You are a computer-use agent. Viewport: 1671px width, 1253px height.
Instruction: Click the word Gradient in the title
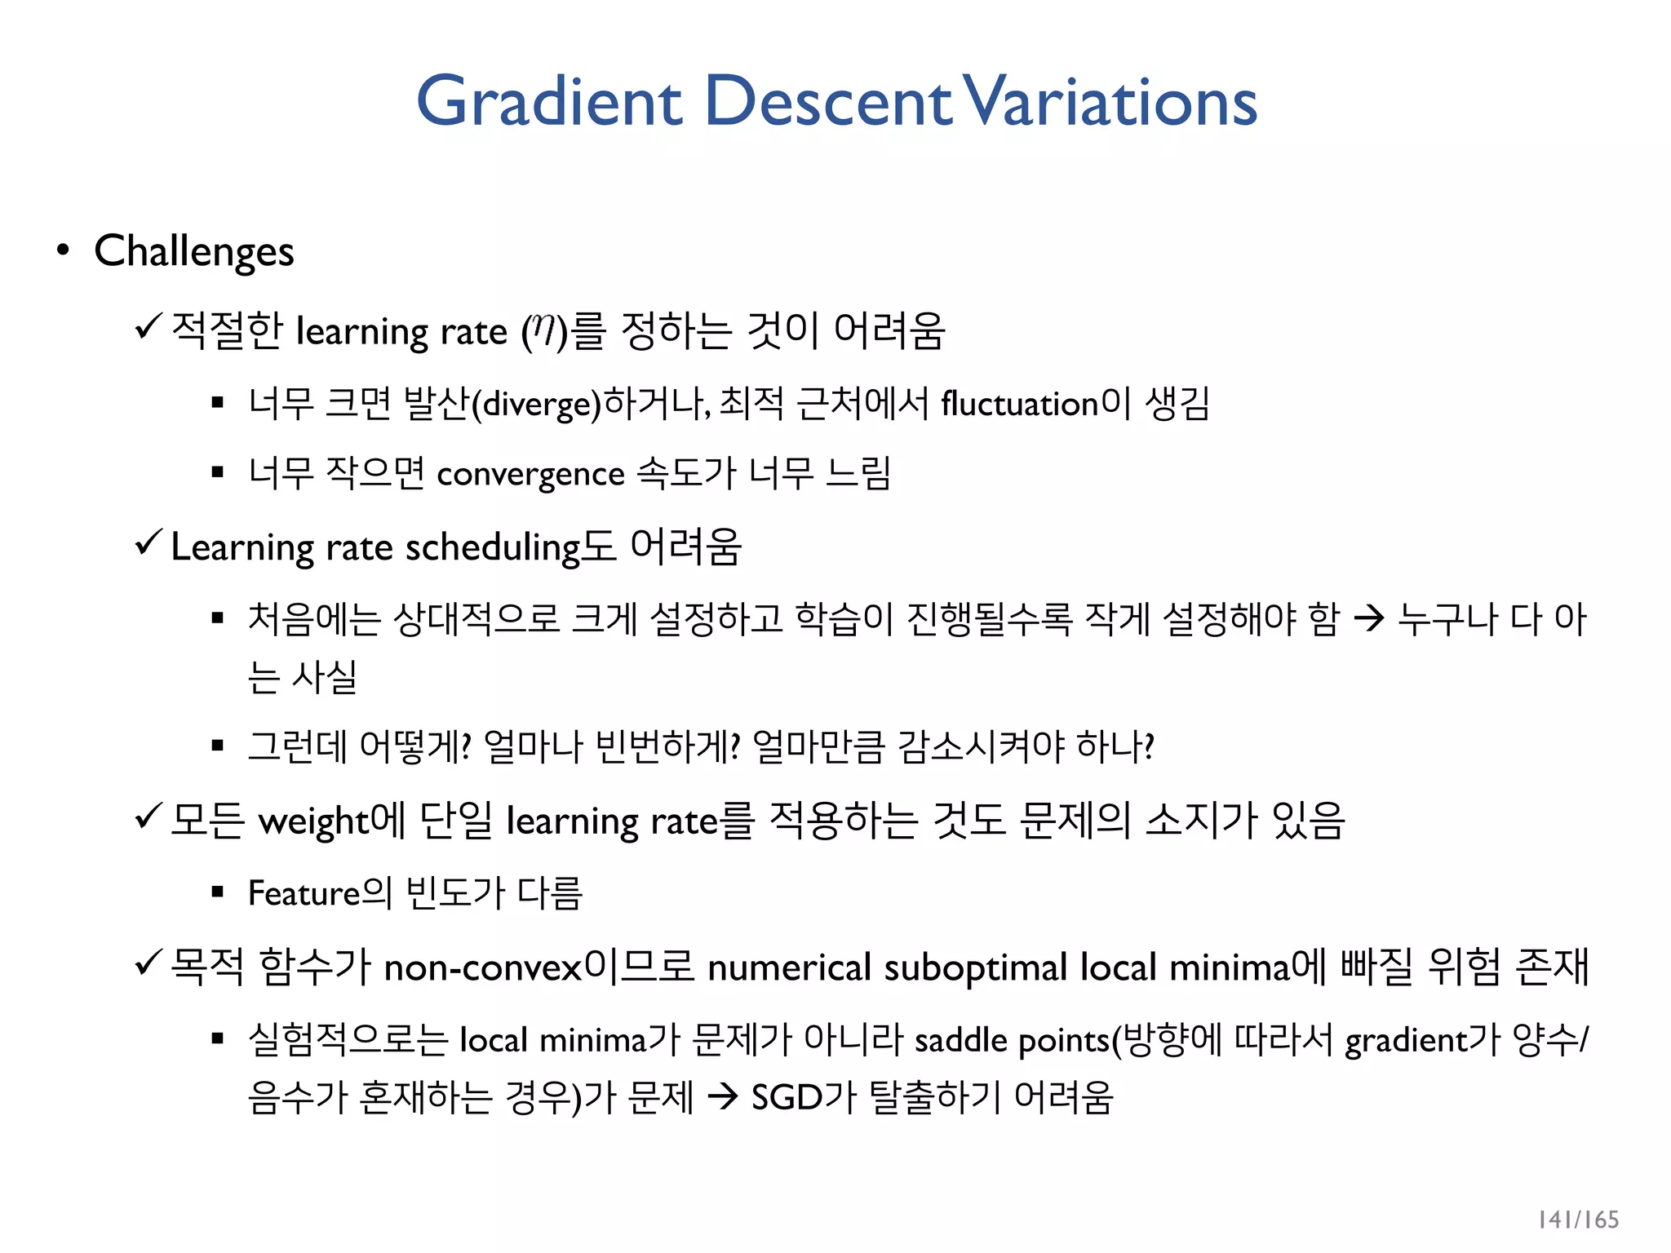548,101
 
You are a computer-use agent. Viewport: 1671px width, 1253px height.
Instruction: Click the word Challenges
194,251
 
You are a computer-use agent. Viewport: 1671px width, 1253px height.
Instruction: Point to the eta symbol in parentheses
543,330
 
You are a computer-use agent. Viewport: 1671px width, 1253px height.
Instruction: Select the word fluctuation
1020,404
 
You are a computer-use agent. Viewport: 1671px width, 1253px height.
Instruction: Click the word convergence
530,474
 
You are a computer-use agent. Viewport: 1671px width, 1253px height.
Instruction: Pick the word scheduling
492,547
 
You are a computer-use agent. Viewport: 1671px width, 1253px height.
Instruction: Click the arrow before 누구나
1369,618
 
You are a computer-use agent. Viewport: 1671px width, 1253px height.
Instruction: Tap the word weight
313,821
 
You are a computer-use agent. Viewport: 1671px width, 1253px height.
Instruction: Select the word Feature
304,893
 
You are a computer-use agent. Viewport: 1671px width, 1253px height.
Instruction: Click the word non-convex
483,967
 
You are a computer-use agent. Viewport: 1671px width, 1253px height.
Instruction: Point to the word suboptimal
975,967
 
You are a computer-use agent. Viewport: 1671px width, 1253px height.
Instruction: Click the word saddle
961,1040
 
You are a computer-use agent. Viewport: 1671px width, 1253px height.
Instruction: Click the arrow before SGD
723,1097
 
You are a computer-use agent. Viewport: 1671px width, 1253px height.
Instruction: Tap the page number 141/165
1578,1220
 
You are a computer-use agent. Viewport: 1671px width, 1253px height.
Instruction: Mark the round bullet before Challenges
63,250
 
